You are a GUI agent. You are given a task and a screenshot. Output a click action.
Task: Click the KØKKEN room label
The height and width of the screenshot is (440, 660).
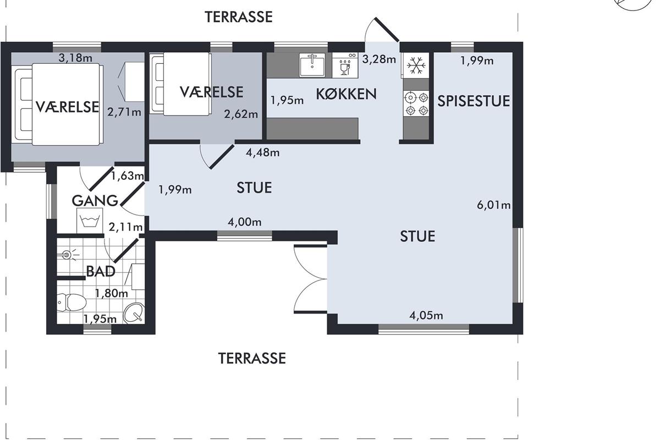point(346,94)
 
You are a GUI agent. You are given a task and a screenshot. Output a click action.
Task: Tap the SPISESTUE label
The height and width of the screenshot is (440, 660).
point(474,101)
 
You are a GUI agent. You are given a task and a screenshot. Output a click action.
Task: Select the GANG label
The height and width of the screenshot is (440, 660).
point(95,201)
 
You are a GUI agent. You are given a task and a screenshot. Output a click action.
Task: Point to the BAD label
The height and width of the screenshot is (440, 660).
point(101,271)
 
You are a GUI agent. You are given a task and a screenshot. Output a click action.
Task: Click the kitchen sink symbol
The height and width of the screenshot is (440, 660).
point(312,65)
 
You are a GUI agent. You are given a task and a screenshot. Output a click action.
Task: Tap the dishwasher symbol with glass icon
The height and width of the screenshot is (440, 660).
point(345,65)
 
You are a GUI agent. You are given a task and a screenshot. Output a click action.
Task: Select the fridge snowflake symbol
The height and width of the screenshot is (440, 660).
point(416,65)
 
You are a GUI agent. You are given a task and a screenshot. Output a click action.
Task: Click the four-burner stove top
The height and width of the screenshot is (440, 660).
point(416,103)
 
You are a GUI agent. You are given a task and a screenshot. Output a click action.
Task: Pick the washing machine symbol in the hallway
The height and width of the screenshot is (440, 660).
point(90,221)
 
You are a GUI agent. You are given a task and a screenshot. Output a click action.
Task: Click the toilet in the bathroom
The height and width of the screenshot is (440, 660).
point(71,302)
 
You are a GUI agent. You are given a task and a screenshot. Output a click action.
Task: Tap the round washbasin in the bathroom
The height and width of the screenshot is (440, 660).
point(134,313)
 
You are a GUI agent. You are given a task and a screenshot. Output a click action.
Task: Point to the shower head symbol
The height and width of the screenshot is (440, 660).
point(68,254)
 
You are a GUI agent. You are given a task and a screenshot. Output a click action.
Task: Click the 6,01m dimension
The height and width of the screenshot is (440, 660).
point(493,205)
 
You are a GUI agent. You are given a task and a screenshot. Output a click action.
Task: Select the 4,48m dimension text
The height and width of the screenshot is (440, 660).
point(262,153)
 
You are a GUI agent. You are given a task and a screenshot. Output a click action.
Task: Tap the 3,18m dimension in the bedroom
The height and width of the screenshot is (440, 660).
point(75,58)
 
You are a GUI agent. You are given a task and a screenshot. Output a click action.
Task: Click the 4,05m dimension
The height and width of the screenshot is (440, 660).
point(426,316)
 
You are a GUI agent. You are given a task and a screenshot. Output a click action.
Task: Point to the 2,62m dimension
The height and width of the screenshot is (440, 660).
point(241,114)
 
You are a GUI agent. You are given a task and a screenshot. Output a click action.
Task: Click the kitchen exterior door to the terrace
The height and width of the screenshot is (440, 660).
point(387,30)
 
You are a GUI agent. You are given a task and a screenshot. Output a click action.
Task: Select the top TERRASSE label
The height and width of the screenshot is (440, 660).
point(238,17)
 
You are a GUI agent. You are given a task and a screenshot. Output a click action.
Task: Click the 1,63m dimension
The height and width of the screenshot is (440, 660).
point(127,176)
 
